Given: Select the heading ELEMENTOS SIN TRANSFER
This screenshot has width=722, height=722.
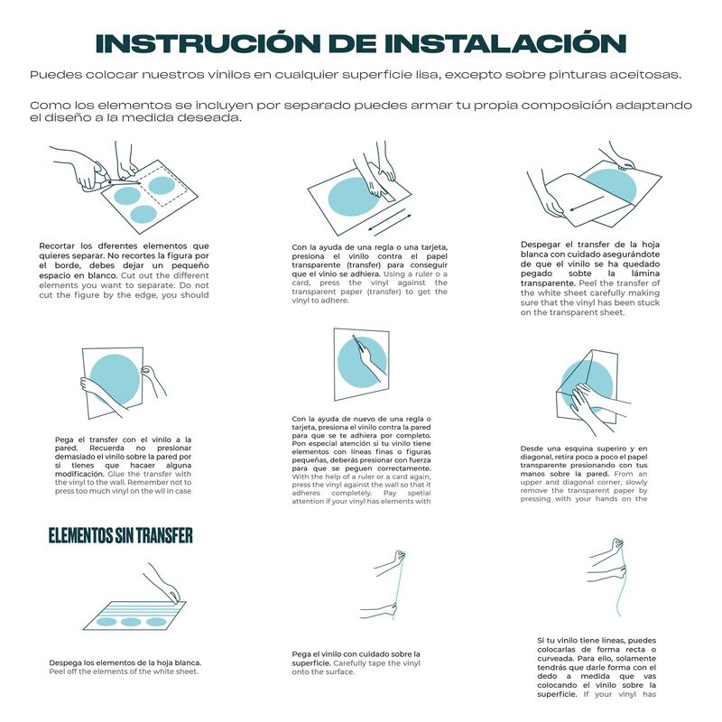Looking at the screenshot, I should tap(120, 536).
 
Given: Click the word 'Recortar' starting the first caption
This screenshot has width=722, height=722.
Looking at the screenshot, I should tap(59, 246).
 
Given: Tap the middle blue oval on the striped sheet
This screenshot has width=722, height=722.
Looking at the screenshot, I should tap(132, 622).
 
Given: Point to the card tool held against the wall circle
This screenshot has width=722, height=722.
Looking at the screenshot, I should tap(359, 345).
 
